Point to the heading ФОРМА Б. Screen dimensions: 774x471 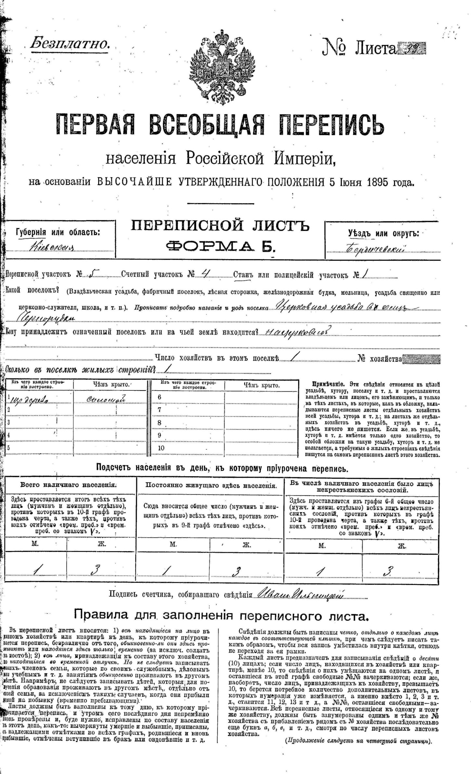tap(221, 247)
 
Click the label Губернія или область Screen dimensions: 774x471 tap(58, 232)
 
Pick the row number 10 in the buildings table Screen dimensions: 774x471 tap(161, 448)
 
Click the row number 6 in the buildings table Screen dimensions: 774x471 tap(159, 397)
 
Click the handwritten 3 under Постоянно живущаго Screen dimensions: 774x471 tap(237, 571)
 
